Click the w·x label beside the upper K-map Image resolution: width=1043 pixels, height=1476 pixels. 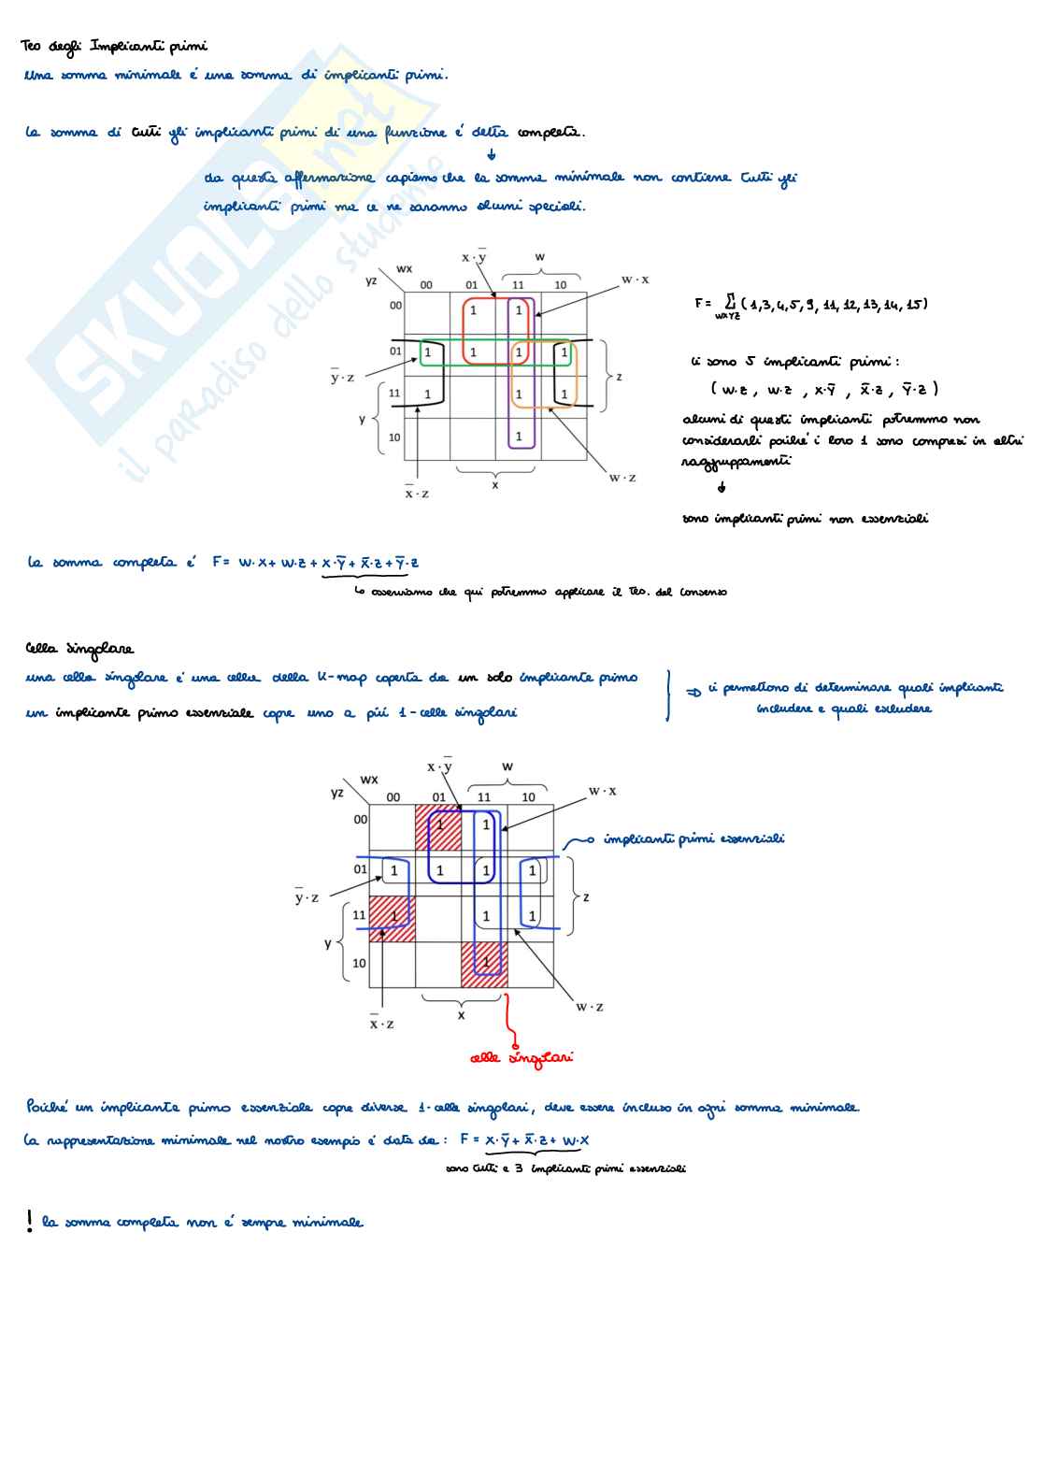click(636, 279)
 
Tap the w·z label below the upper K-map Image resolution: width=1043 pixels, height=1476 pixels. click(622, 478)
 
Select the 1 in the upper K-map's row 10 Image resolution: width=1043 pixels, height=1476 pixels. click(519, 437)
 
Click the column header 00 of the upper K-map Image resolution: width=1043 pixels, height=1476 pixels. click(426, 285)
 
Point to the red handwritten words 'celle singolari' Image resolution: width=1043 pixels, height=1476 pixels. click(521, 1057)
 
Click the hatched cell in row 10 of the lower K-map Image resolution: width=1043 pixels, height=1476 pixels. click(484, 964)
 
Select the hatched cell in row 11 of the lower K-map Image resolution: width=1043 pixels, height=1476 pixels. click(393, 918)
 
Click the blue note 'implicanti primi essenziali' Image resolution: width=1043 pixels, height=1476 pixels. click(693, 838)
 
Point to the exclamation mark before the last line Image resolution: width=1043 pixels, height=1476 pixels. click(30, 1220)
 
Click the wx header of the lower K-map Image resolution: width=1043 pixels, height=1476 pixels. click(369, 779)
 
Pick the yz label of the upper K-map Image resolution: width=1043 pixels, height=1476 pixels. click(371, 279)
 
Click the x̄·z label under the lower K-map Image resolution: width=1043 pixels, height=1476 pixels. click(381, 1024)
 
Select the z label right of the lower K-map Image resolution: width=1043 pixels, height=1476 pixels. click(586, 896)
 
